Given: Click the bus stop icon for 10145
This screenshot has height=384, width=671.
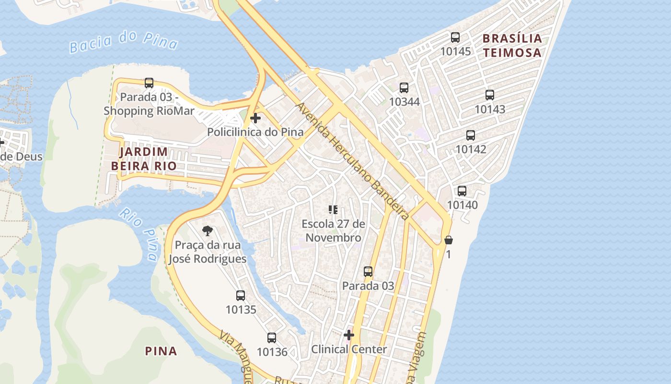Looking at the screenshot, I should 455,37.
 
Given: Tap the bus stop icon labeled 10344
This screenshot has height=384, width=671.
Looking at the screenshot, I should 404,88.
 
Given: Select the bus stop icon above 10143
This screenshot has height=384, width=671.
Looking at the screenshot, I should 489,95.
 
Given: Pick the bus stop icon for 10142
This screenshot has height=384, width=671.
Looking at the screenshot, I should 471,135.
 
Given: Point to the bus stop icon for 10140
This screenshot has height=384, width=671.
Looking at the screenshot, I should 462,191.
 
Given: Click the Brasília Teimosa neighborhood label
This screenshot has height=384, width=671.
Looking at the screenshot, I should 512,46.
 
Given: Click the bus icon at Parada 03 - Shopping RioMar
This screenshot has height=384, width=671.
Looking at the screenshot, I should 149,83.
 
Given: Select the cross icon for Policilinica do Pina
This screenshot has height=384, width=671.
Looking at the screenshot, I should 255,118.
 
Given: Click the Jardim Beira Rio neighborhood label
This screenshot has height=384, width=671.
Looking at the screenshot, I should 144,159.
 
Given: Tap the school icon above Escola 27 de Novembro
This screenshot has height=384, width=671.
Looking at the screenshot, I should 333,210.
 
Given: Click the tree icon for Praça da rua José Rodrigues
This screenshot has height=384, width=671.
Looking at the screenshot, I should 208,231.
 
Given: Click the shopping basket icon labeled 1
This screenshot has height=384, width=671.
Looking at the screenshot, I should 449,240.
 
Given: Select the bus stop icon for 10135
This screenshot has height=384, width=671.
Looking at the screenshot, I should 241,296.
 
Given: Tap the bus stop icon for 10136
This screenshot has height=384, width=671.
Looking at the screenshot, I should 272,338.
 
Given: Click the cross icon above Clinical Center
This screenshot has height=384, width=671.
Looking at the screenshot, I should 349,335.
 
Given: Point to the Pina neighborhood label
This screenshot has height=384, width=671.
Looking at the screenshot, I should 161,351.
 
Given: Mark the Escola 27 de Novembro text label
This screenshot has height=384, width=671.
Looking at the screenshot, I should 333,231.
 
